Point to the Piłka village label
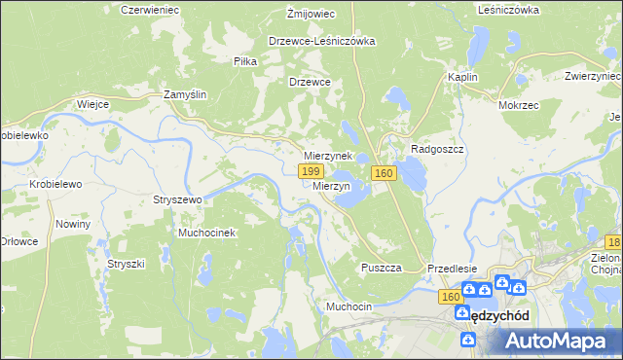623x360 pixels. tap(245, 60)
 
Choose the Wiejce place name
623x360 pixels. tap(92, 104)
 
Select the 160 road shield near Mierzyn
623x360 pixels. tap(383, 173)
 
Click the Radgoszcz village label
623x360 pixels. tap(441, 149)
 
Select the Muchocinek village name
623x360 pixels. tap(206, 234)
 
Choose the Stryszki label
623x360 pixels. tap(126, 263)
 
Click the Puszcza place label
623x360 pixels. tap(381, 268)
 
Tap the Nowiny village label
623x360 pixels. tap(73, 224)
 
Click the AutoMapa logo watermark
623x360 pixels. tap(560, 340)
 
